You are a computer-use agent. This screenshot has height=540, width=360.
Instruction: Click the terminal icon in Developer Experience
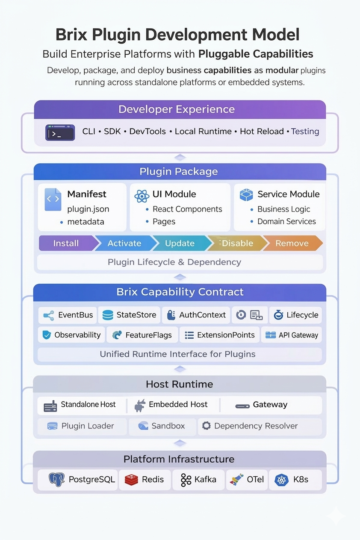[60, 132]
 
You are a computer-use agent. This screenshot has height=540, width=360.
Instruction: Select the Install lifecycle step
[67, 243]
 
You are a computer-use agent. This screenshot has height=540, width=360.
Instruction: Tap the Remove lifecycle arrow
[292, 243]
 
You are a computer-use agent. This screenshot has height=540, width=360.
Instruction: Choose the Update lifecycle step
[180, 243]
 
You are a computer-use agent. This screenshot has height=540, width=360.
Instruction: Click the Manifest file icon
[53, 200]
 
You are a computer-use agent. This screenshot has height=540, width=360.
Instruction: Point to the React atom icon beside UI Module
[142, 196]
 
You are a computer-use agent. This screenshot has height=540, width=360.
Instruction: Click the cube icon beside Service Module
[246, 195]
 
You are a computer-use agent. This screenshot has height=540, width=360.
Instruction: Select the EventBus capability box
[68, 315]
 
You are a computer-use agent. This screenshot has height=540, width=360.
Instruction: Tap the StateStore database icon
[109, 315]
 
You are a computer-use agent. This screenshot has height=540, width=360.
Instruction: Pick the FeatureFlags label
[148, 335]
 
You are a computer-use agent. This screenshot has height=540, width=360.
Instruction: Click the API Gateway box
[291, 335]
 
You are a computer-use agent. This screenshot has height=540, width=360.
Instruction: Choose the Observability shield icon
[47, 335]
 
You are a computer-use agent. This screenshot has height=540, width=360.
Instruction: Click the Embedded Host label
[178, 405]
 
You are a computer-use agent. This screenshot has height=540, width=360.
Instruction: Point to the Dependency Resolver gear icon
[206, 426]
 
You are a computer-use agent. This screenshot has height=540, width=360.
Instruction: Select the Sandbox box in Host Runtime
[162, 426]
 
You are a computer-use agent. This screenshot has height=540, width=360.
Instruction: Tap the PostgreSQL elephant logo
[57, 480]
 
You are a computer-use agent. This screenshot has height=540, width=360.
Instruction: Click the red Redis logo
[132, 480]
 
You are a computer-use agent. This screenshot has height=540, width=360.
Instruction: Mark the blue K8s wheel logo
[282, 480]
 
